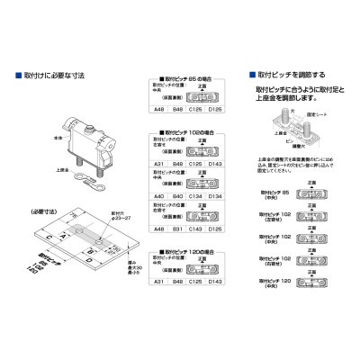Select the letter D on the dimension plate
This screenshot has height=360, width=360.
[93, 266]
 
